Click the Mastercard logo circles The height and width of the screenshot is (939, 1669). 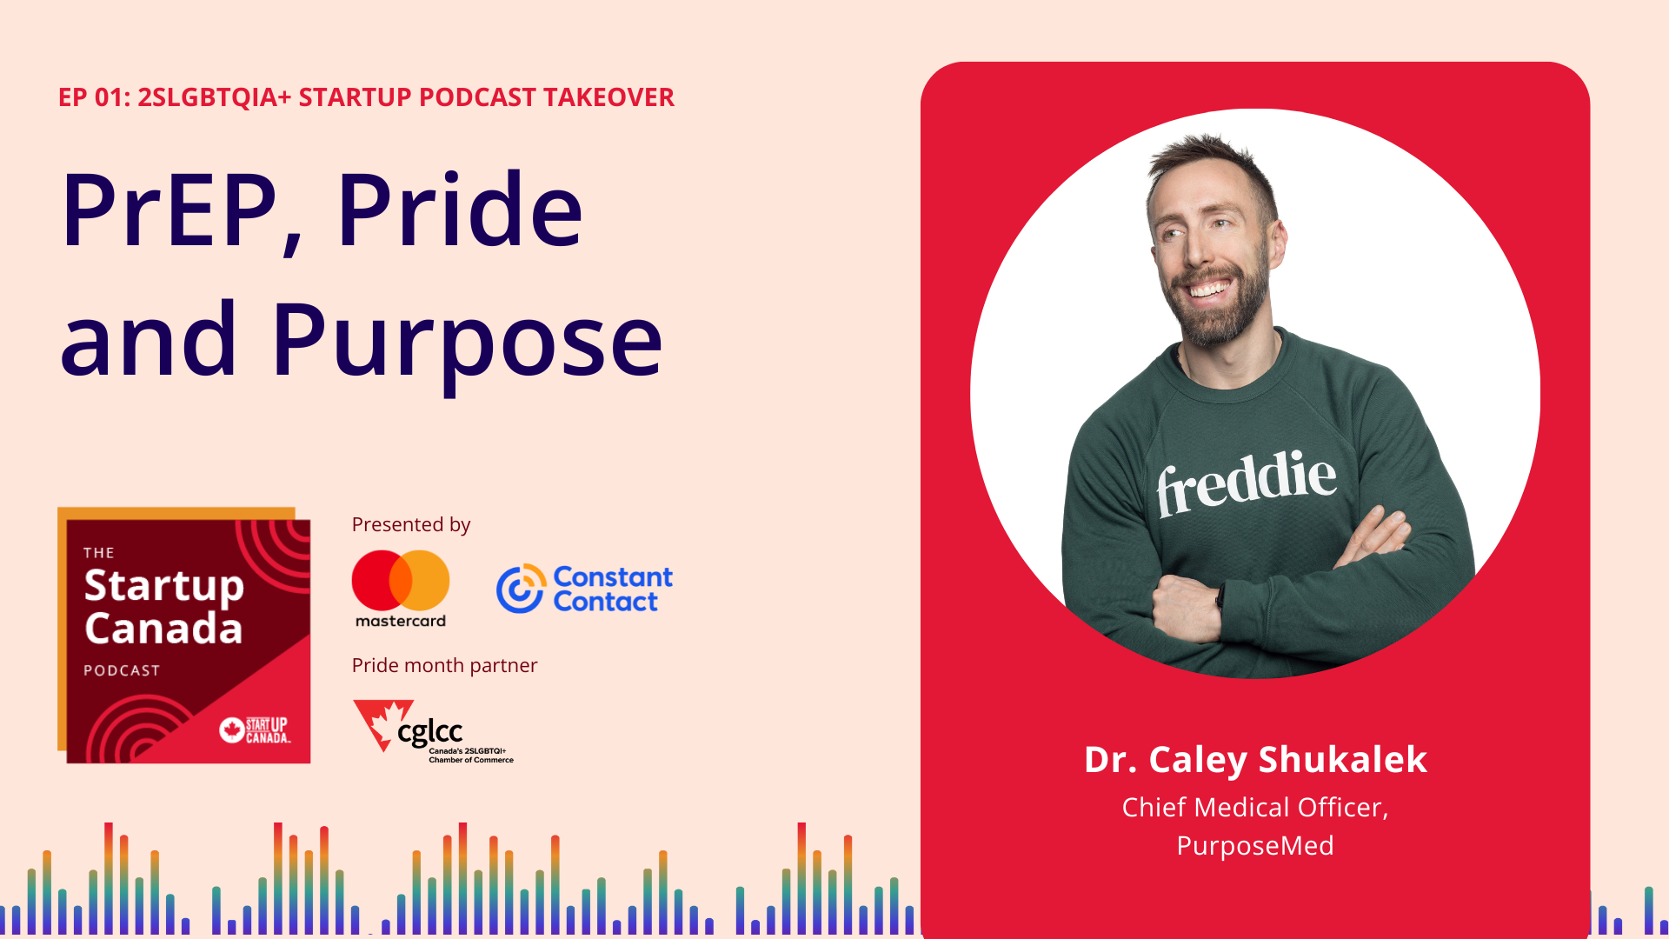401,580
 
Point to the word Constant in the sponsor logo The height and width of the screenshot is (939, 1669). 613,577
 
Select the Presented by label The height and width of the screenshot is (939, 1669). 411,524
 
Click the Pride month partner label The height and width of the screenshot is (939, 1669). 444,665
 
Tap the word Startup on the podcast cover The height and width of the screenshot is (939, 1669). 164,587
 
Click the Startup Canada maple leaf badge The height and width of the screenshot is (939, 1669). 232,729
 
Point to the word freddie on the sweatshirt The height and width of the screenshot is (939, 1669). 1247,483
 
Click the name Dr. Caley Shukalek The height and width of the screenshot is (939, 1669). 1255,759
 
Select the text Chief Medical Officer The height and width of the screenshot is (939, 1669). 1253,808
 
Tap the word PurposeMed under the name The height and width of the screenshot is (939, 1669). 1255,845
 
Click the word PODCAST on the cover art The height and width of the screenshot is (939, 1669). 122,670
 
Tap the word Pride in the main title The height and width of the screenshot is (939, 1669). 460,211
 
